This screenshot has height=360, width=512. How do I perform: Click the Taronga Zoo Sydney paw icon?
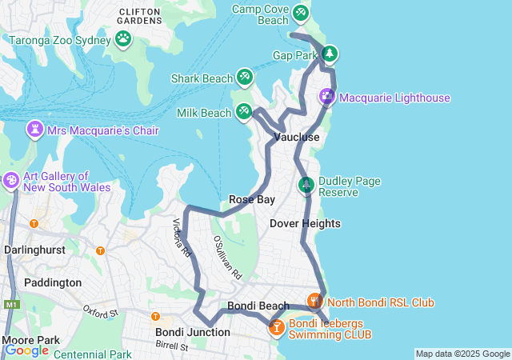(123, 38)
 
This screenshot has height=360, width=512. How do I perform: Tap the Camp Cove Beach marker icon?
(300, 13)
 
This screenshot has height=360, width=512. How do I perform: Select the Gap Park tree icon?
(330, 54)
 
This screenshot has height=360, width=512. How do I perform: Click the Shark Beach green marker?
(245, 78)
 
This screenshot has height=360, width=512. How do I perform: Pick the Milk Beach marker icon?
(244, 112)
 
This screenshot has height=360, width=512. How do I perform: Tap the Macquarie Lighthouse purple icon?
(327, 98)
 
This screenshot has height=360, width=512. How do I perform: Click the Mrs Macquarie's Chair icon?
(36, 130)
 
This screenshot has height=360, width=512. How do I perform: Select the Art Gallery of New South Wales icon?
(11, 181)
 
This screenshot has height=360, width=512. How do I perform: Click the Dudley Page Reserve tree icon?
(306, 186)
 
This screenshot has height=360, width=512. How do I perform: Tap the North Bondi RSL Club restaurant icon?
(314, 302)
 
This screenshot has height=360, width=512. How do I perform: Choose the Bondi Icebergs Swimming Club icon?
(276, 327)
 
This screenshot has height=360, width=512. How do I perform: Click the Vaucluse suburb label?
(297, 138)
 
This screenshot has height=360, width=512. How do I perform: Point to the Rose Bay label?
(252, 199)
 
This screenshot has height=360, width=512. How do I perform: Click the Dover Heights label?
(305, 223)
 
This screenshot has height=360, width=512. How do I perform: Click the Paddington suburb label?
(53, 282)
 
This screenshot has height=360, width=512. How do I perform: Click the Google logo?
(27, 350)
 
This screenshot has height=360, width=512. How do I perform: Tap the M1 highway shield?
(10, 305)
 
